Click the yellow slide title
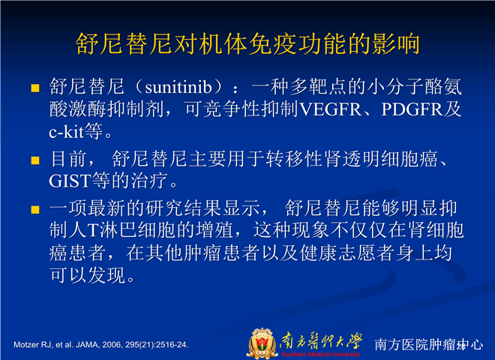tap(247, 43)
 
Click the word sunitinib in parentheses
tap(178, 88)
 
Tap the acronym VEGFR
tap(330, 109)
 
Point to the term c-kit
tap(66, 132)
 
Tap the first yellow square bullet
tap(35, 88)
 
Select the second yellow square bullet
tap(35, 160)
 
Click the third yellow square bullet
tap(35, 210)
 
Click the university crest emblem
tap(261, 343)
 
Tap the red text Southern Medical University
tap(321, 354)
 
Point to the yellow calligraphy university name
tap(320, 340)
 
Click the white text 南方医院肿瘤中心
tap(429, 344)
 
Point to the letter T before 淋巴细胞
tap(93, 230)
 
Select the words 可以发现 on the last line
tap(88, 275)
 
